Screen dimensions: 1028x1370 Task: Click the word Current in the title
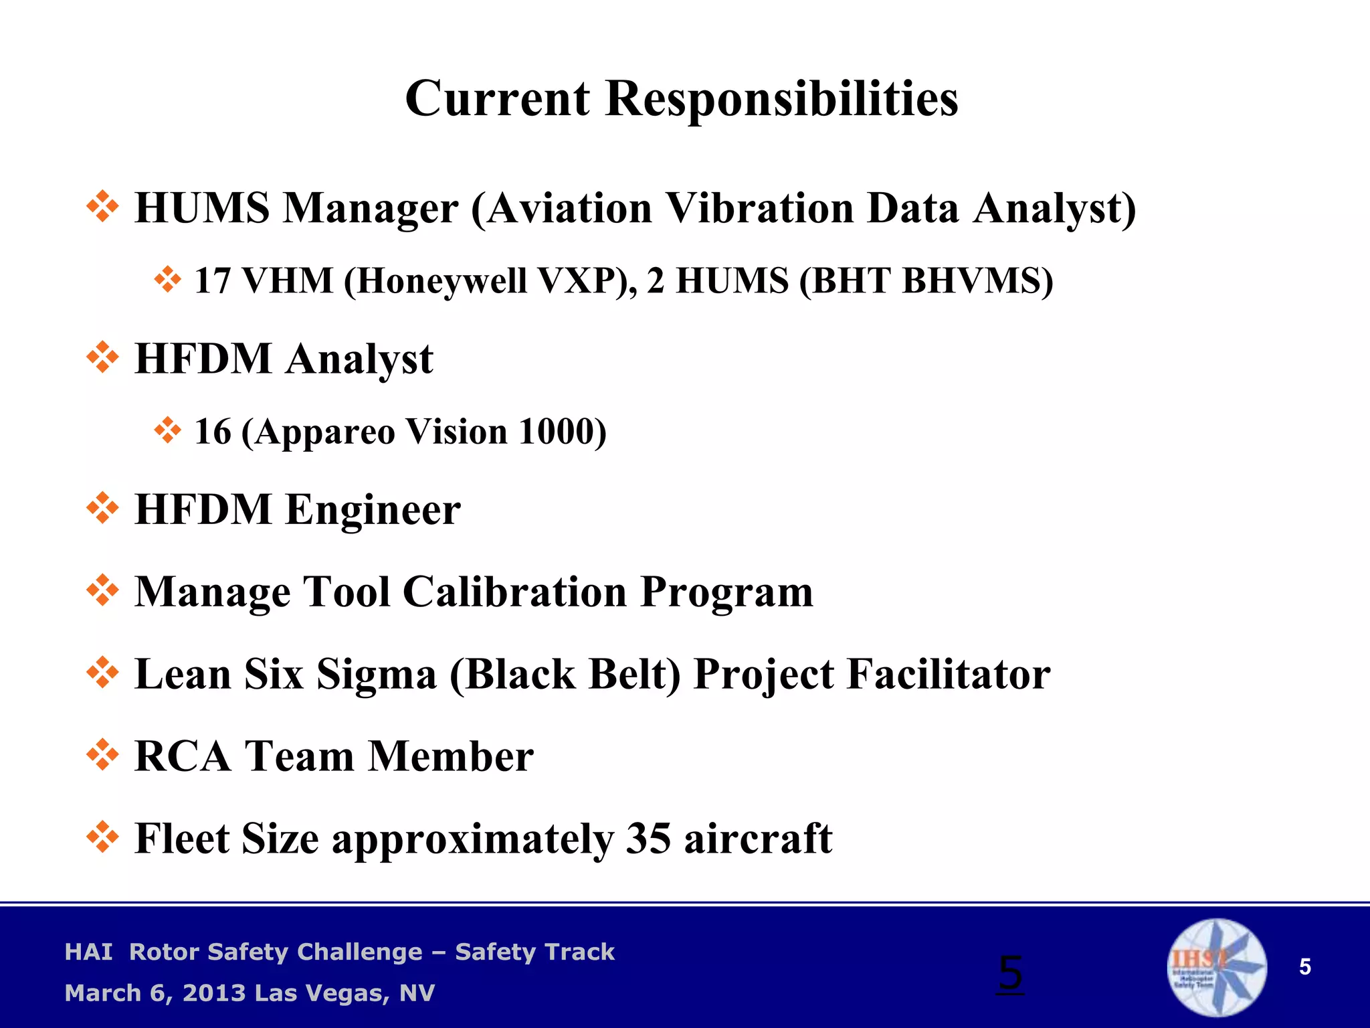[498, 99]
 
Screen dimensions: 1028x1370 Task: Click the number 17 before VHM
[212, 281]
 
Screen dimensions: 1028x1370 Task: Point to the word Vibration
[759, 207]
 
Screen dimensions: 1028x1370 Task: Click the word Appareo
[324, 432]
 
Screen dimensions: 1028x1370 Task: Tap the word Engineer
[373, 510]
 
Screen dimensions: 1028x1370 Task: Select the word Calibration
[514, 592]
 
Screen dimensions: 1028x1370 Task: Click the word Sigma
[376, 674]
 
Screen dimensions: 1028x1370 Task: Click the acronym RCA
[182, 756]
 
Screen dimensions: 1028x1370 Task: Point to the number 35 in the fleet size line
[648, 838]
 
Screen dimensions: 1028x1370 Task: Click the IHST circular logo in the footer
[1216, 967]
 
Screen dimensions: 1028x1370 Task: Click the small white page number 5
[1304, 967]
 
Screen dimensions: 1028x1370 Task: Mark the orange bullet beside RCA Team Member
[103, 755]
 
